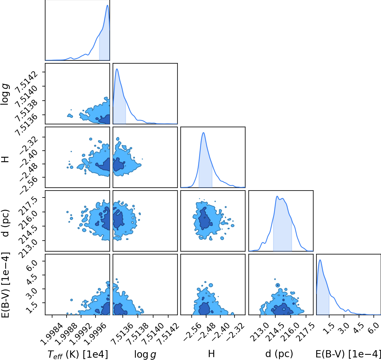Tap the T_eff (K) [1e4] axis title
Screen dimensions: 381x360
(78, 354)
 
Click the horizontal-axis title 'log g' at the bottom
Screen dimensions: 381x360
(145, 355)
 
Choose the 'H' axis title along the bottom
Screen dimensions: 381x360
(211, 354)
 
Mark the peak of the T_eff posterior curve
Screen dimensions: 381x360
(108, 5)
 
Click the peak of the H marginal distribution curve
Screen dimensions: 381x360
(203, 133)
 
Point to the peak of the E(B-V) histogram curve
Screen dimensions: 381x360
(320, 260)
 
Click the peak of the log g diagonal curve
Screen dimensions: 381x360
(117, 69)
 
